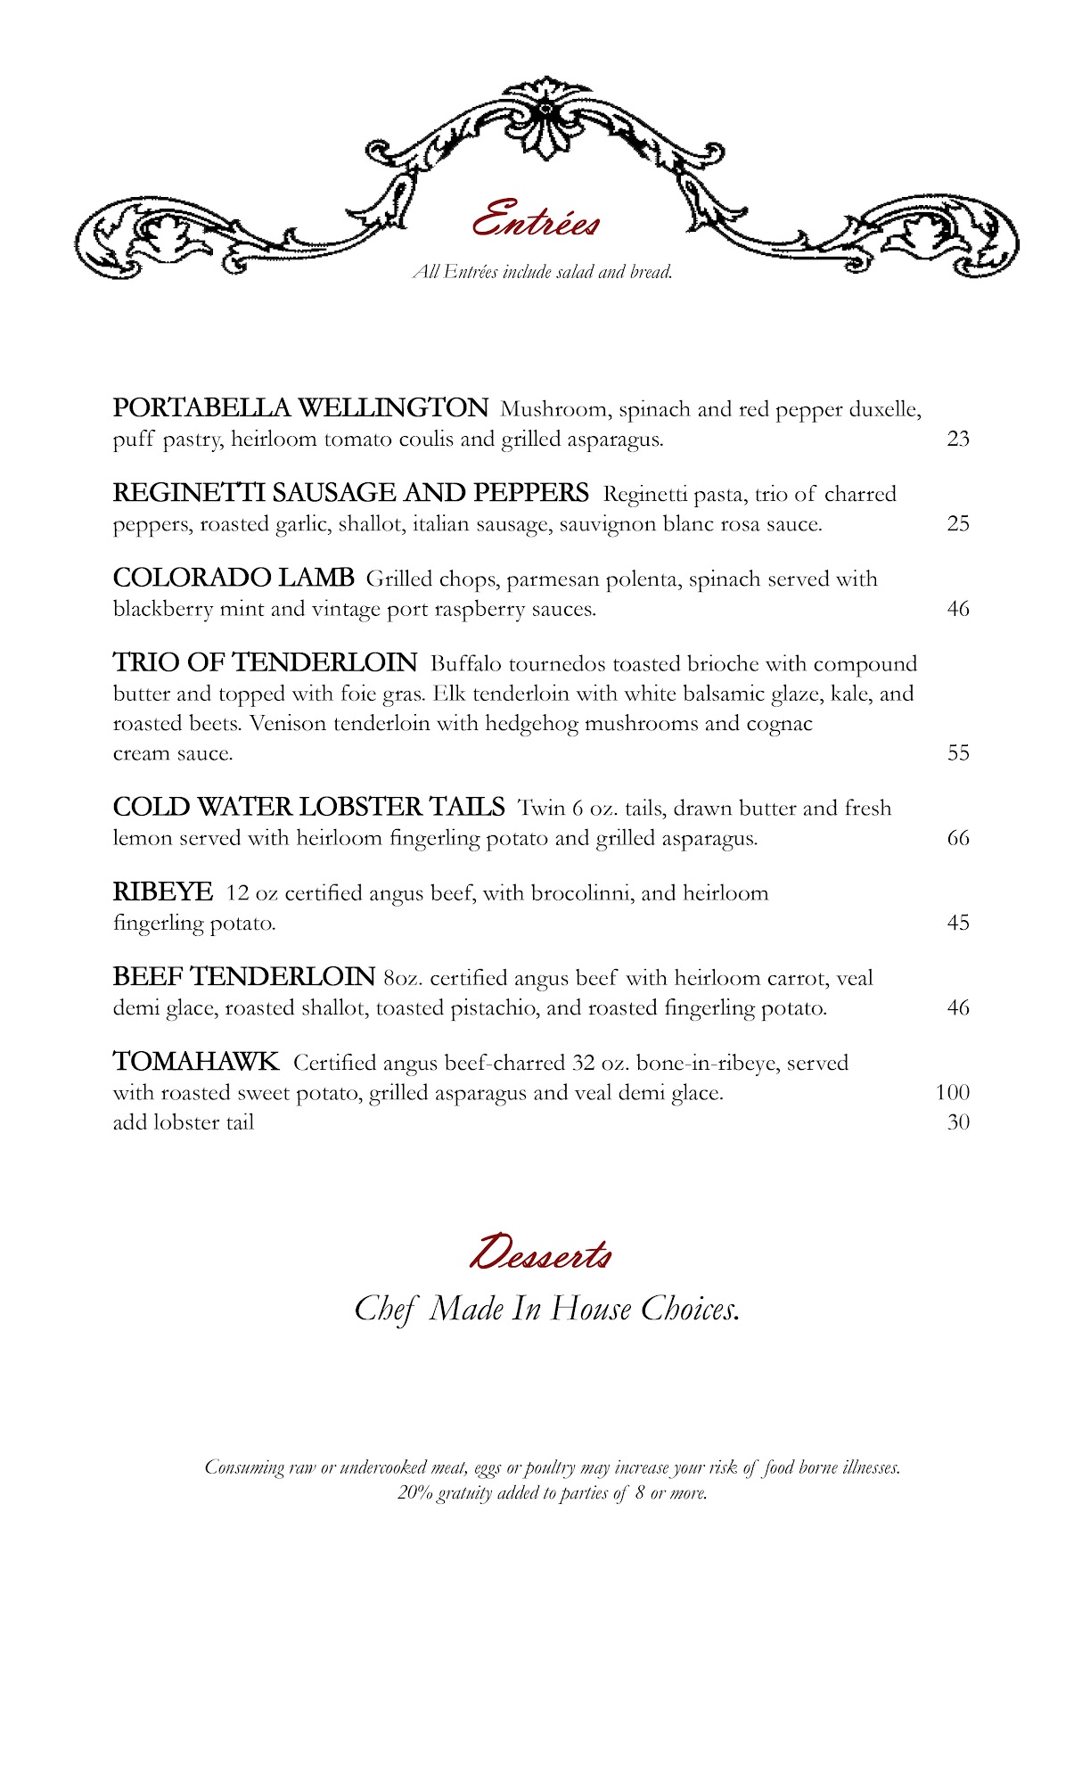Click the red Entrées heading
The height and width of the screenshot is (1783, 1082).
(x=536, y=219)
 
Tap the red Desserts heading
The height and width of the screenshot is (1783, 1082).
(x=540, y=1253)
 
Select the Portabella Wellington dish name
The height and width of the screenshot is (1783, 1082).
(x=300, y=408)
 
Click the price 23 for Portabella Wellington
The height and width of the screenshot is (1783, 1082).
(x=958, y=439)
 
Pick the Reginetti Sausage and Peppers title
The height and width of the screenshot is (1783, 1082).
(x=350, y=493)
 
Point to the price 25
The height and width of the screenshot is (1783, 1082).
(x=958, y=523)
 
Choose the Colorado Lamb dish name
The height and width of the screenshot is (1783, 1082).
(x=234, y=578)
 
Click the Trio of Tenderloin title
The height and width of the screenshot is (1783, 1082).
(x=265, y=662)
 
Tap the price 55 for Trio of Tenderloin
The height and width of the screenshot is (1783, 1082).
(x=958, y=752)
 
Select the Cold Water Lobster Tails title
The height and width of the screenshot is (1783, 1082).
(x=308, y=807)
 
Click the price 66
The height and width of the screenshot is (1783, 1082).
(x=958, y=838)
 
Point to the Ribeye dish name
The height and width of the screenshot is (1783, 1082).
(x=163, y=891)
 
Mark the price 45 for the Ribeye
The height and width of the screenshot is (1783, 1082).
(x=958, y=923)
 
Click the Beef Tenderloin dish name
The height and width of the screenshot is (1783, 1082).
(x=243, y=977)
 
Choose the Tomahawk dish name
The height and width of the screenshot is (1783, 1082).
(x=196, y=1062)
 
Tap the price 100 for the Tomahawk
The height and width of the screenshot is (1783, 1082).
(x=953, y=1092)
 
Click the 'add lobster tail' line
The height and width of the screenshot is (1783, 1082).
(x=184, y=1122)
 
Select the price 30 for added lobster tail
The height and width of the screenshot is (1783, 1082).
(x=958, y=1122)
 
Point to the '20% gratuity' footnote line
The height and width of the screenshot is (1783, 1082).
(x=553, y=1492)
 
